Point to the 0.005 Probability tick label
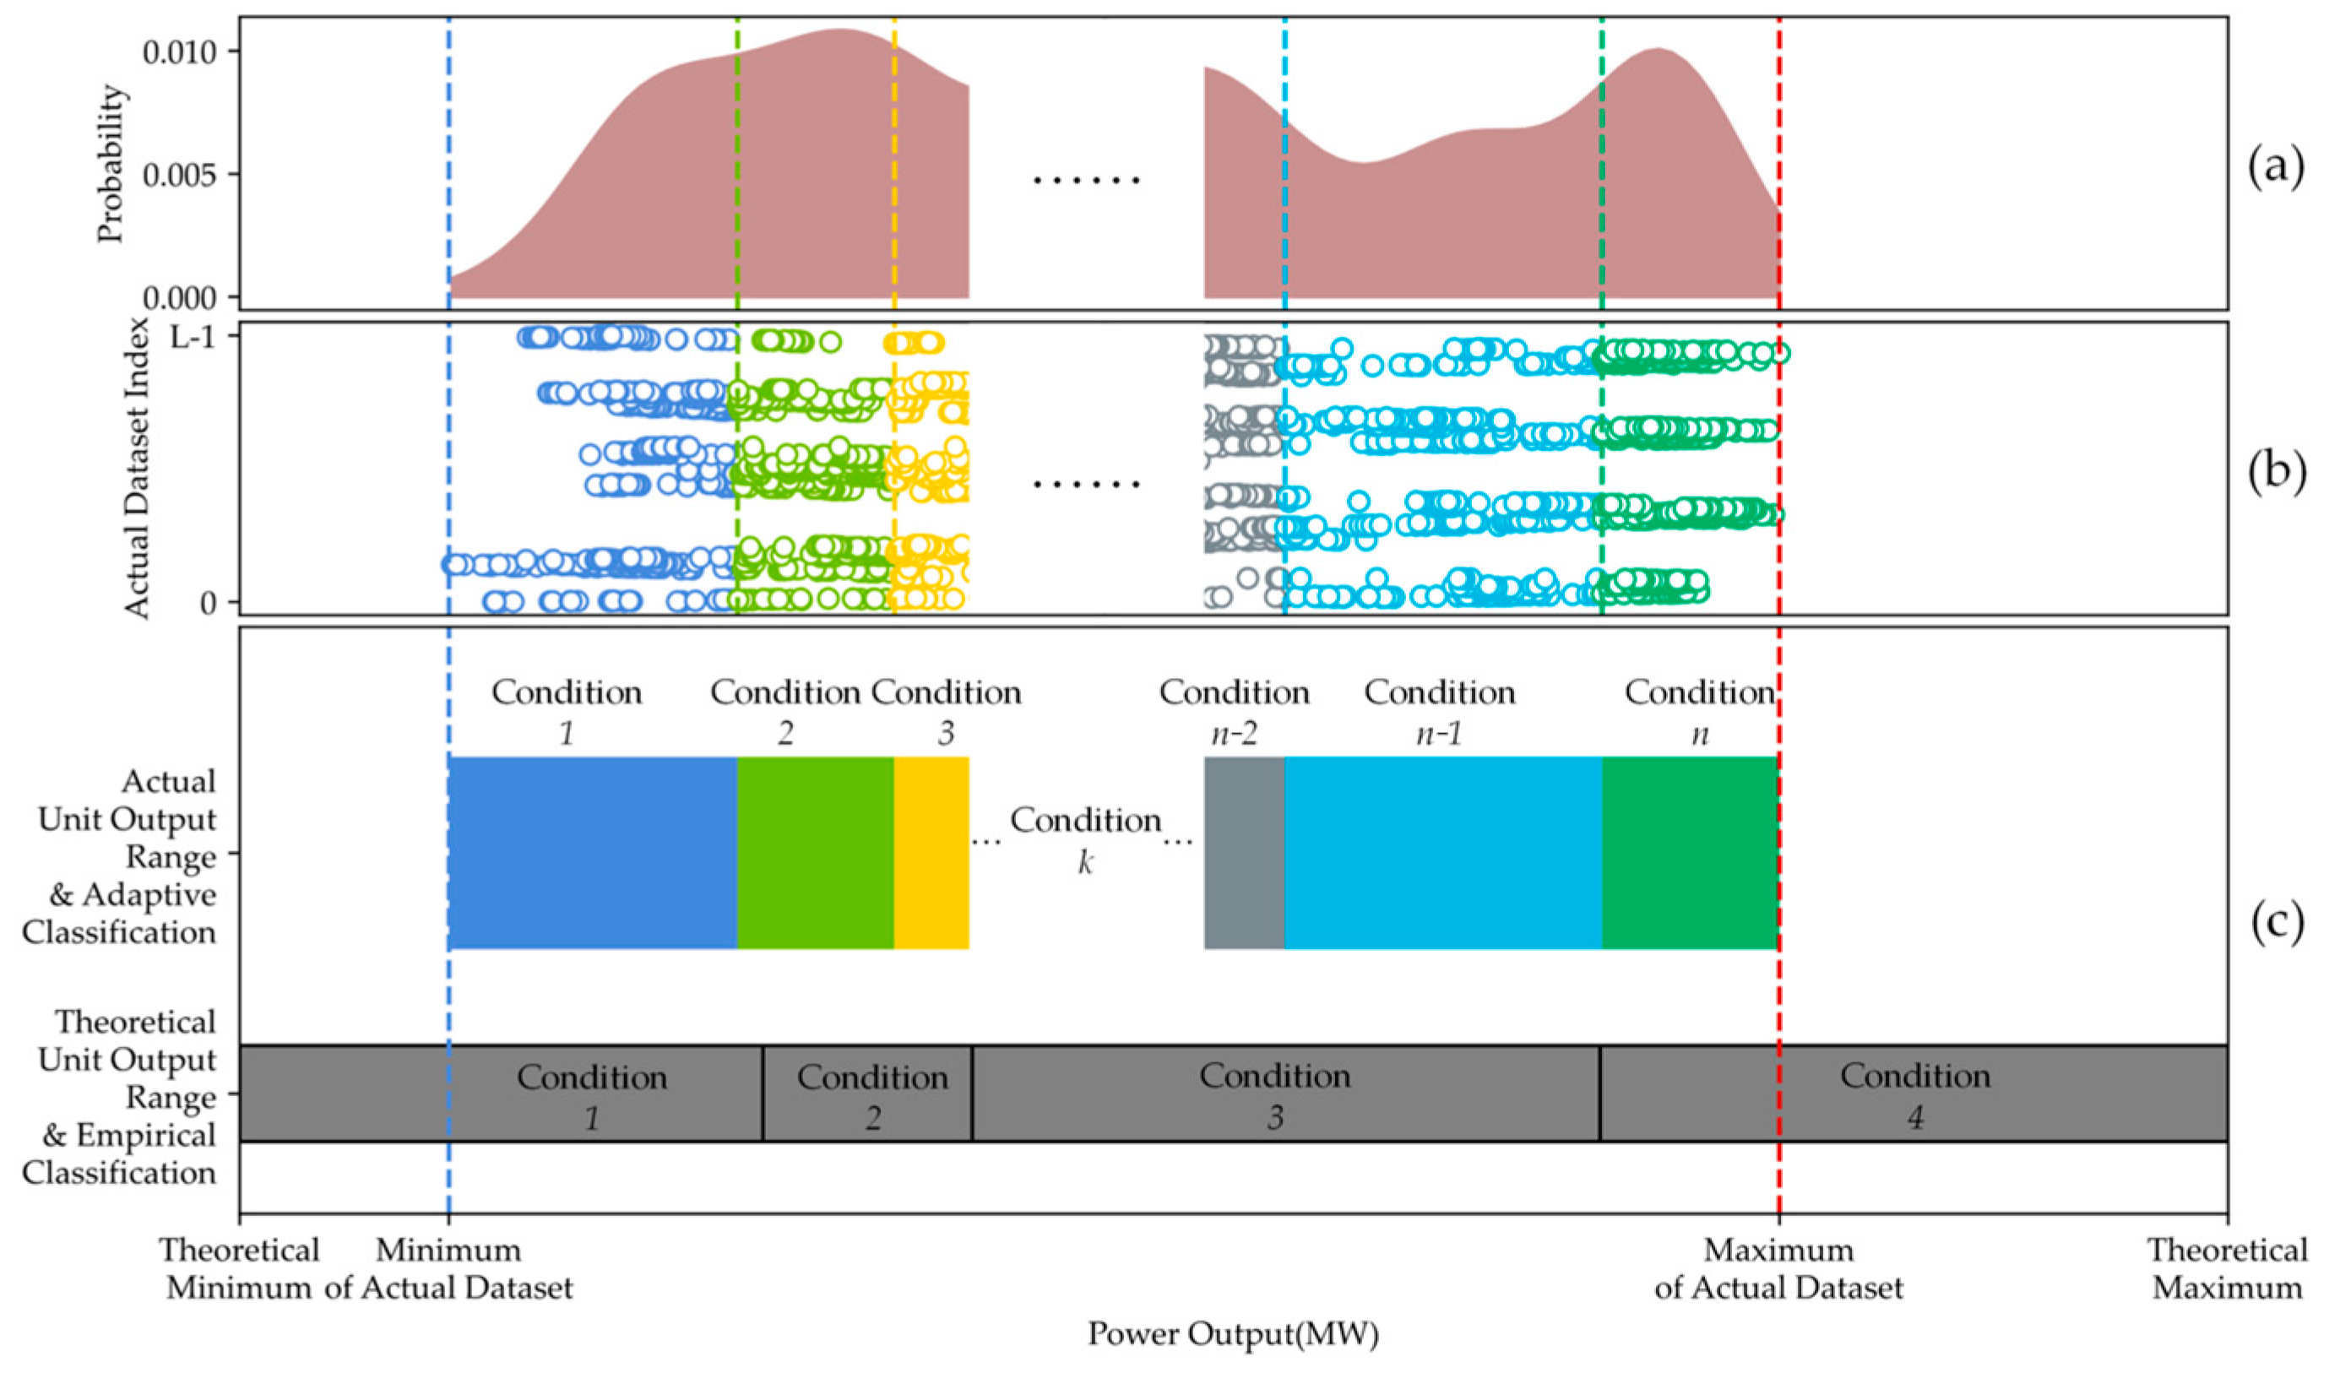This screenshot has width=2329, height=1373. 180,174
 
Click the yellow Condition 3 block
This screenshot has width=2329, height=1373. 931,852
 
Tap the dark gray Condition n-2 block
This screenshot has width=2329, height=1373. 1244,852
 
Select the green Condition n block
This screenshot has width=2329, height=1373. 1690,852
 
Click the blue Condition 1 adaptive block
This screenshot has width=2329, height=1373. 592,852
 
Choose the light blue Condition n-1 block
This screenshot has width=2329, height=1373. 1442,852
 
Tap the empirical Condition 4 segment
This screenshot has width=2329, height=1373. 1914,1094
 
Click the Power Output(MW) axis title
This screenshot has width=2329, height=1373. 1233,1334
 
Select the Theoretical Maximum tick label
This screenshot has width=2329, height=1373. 2226,1268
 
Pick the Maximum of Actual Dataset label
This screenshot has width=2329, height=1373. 1778,1268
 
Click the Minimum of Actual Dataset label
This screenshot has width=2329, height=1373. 448,1268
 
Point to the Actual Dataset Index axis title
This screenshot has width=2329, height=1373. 137,468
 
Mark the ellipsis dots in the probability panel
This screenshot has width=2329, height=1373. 1086,181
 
